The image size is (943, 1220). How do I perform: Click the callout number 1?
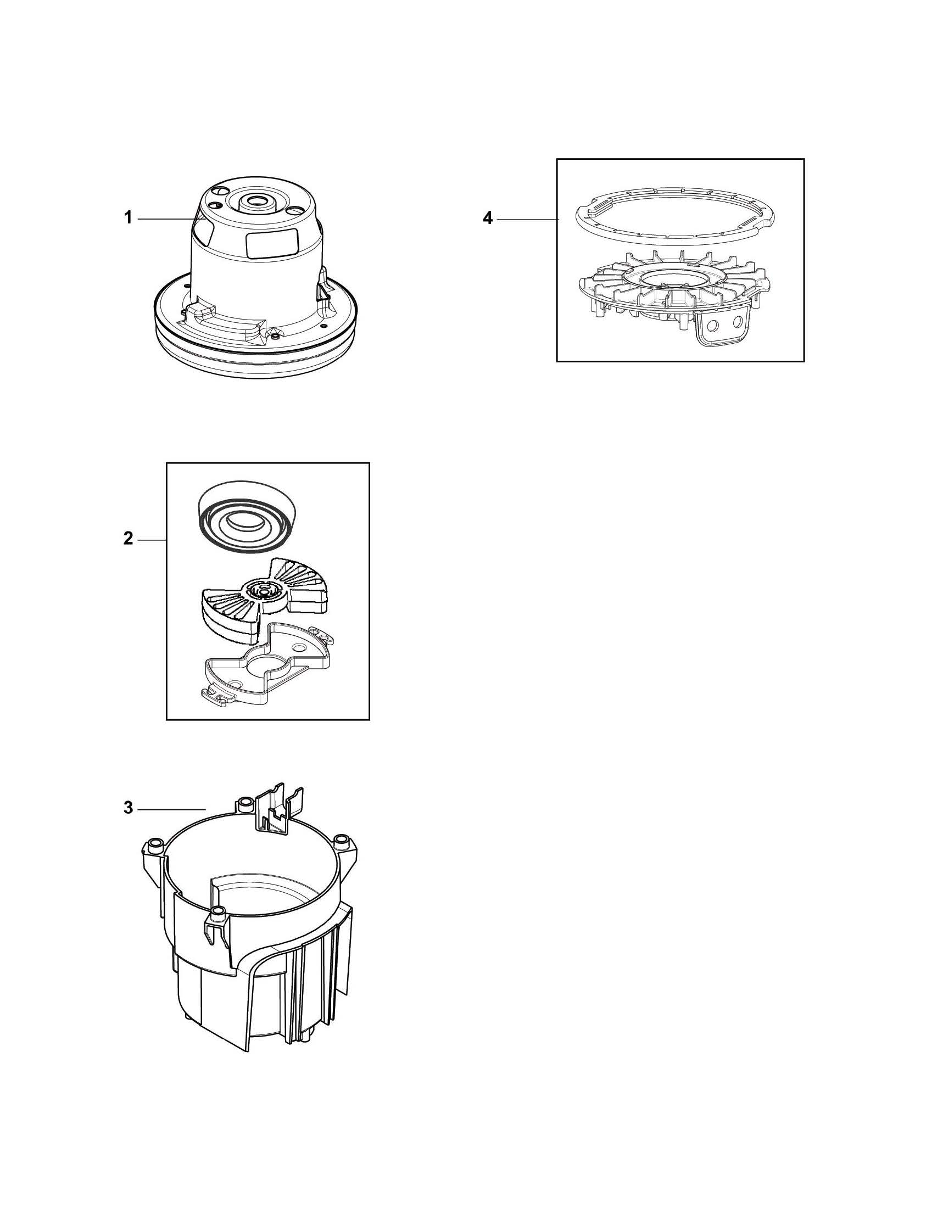click(128, 218)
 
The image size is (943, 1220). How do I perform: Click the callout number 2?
click(128, 539)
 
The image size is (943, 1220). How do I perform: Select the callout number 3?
click(128, 808)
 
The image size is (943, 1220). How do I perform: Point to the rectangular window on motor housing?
click(272, 245)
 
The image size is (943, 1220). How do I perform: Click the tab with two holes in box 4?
click(724, 326)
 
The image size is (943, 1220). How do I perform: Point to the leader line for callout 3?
click(171, 809)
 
